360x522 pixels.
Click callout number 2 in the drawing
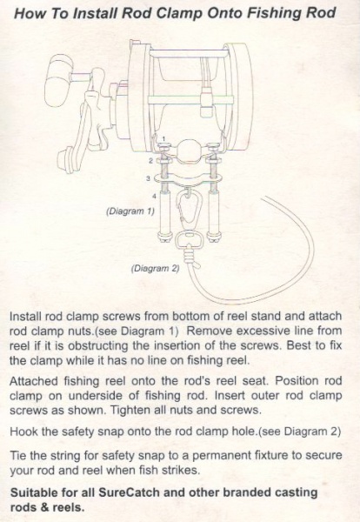point(150,161)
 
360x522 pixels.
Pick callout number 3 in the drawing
point(149,178)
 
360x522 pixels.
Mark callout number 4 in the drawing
point(153,198)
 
